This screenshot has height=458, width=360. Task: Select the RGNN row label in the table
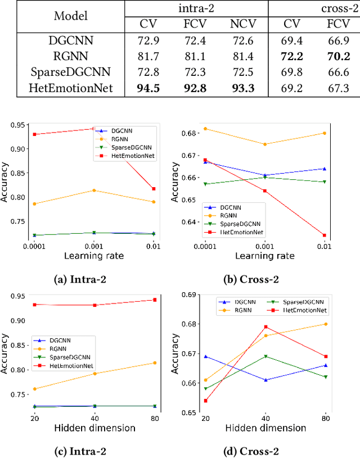(x=71, y=56)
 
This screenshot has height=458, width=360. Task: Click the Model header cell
(x=71, y=16)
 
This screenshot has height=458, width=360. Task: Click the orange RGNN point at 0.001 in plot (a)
(x=94, y=191)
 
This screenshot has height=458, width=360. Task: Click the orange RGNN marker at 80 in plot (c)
(x=154, y=362)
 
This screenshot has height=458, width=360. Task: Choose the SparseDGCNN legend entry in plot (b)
(x=235, y=223)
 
